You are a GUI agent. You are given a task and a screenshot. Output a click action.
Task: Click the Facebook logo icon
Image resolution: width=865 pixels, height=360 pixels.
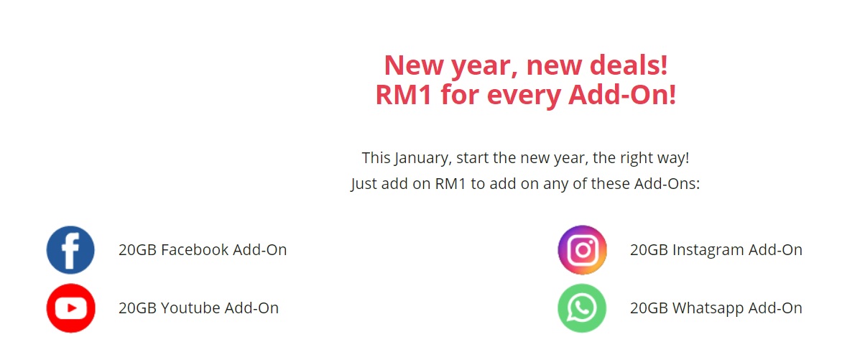pos(70,250)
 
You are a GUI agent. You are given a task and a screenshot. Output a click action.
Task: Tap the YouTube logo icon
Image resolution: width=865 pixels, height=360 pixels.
pos(70,308)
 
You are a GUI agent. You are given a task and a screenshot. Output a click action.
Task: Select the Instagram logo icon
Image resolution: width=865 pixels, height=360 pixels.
pos(582,250)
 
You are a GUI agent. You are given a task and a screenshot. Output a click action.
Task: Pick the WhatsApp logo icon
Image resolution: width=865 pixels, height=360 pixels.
pos(582,308)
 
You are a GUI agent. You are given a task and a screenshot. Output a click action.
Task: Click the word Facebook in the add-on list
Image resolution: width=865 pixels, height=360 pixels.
pos(195,250)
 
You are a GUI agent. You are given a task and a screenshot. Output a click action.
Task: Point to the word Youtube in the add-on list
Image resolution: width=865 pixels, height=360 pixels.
pos(190,308)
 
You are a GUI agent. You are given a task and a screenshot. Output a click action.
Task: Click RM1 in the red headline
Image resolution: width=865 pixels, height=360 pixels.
pos(404,95)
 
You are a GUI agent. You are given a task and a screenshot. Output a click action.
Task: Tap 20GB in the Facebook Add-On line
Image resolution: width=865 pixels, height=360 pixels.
pos(137,250)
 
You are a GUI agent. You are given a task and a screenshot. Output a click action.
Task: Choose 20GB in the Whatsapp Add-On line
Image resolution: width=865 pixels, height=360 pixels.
pos(649,308)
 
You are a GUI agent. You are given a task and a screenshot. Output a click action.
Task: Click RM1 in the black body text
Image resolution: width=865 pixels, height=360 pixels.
pos(450,184)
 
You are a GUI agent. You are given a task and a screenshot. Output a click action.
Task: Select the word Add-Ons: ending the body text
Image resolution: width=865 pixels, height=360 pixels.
pos(667,184)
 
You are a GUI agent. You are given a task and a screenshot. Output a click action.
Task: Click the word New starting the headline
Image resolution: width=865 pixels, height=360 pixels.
pos(414,65)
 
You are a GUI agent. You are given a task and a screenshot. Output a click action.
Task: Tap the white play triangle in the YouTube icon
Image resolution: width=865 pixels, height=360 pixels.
pos(71,308)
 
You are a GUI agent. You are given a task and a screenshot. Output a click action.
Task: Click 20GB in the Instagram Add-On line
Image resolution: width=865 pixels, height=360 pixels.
pos(649,250)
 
